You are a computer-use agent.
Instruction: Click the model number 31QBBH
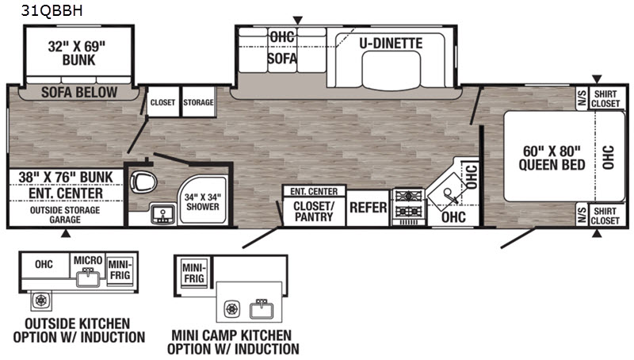(x=52, y=11)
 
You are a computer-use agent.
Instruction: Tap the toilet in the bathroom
(x=143, y=182)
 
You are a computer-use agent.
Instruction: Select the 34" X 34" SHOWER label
(x=203, y=202)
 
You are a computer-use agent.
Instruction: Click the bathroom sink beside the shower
(x=162, y=214)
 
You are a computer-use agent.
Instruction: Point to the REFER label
(x=368, y=208)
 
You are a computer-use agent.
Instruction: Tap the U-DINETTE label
(x=391, y=44)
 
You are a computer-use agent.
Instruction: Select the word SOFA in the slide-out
(x=282, y=59)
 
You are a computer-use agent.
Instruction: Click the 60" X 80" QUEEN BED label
(x=552, y=158)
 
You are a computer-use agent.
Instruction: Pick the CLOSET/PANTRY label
(x=314, y=211)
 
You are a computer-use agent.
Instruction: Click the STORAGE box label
(x=198, y=102)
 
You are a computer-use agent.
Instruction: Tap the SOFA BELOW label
(x=79, y=92)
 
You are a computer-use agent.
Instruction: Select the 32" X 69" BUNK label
(x=77, y=53)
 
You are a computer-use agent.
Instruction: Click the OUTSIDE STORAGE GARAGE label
(x=65, y=215)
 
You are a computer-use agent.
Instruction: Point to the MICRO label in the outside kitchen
(x=88, y=260)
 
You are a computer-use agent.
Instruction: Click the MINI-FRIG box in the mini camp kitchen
(x=194, y=274)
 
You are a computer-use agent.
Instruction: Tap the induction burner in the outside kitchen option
(x=41, y=301)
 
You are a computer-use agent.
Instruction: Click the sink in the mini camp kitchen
(x=262, y=309)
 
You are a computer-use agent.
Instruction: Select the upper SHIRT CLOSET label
(x=605, y=98)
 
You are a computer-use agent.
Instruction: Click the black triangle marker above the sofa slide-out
(x=298, y=21)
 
